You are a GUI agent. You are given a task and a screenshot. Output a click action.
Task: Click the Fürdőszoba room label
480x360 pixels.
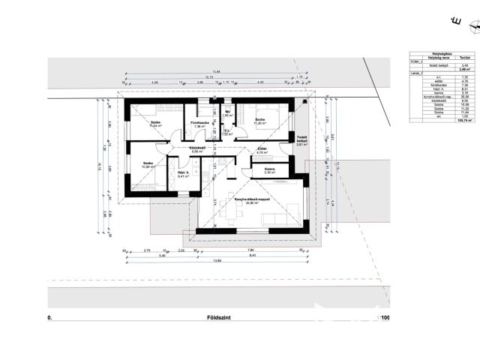(199, 121)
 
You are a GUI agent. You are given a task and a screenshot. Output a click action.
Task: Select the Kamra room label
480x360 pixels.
(268, 169)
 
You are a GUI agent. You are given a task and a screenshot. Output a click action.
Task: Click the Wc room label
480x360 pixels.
(226, 112)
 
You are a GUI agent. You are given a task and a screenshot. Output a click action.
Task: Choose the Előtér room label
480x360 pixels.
(262, 149)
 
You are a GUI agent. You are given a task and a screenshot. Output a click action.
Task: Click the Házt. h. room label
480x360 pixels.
(182, 172)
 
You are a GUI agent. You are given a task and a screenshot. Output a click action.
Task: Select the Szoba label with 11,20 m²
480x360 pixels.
(259, 120)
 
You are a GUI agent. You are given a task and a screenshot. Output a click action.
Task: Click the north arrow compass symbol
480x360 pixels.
(472, 27)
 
